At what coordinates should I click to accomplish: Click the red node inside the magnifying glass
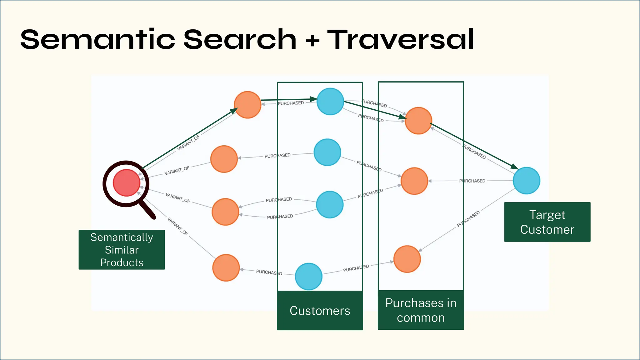(126, 183)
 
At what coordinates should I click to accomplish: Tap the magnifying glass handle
(147, 209)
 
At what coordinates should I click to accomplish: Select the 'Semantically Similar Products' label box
(122, 250)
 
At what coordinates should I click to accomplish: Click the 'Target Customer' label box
(547, 222)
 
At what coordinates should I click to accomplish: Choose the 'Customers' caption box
(320, 310)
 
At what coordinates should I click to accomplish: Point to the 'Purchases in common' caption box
(421, 310)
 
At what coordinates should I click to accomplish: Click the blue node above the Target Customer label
(527, 181)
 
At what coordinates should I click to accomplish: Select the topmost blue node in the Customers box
(330, 102)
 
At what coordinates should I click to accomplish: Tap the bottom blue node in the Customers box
(309, 276)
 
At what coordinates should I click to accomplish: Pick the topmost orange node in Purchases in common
(418, 121)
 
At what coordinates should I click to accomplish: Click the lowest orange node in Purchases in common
(407, 259)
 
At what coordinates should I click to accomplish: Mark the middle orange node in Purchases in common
(414, 181)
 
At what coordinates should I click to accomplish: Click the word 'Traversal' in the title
(401, 39)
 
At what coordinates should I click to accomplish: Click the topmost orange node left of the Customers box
(247, 105)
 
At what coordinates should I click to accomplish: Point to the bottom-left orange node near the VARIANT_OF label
(226, 268)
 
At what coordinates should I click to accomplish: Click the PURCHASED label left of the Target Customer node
(472, 181)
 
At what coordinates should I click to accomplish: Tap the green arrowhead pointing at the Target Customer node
(514, 166)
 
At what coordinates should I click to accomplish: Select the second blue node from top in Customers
(327, 152)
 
